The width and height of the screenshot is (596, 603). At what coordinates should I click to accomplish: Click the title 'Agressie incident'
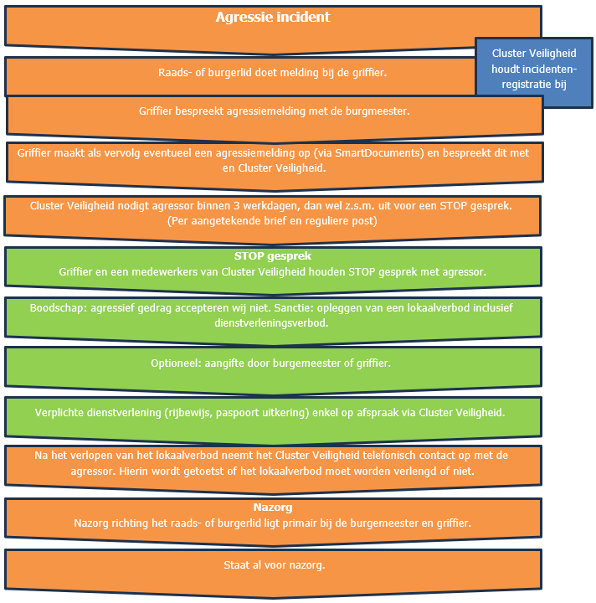click(x=272, y=18)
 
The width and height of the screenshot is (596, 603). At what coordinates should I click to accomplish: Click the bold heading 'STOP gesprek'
click(x=272, y=256)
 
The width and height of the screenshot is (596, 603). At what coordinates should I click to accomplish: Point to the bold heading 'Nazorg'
click(x=272, y=508)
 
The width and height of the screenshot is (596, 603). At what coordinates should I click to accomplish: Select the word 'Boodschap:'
click(x=57, y=307)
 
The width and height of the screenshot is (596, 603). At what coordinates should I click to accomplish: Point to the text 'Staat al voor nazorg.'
click(x=272, y=565)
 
